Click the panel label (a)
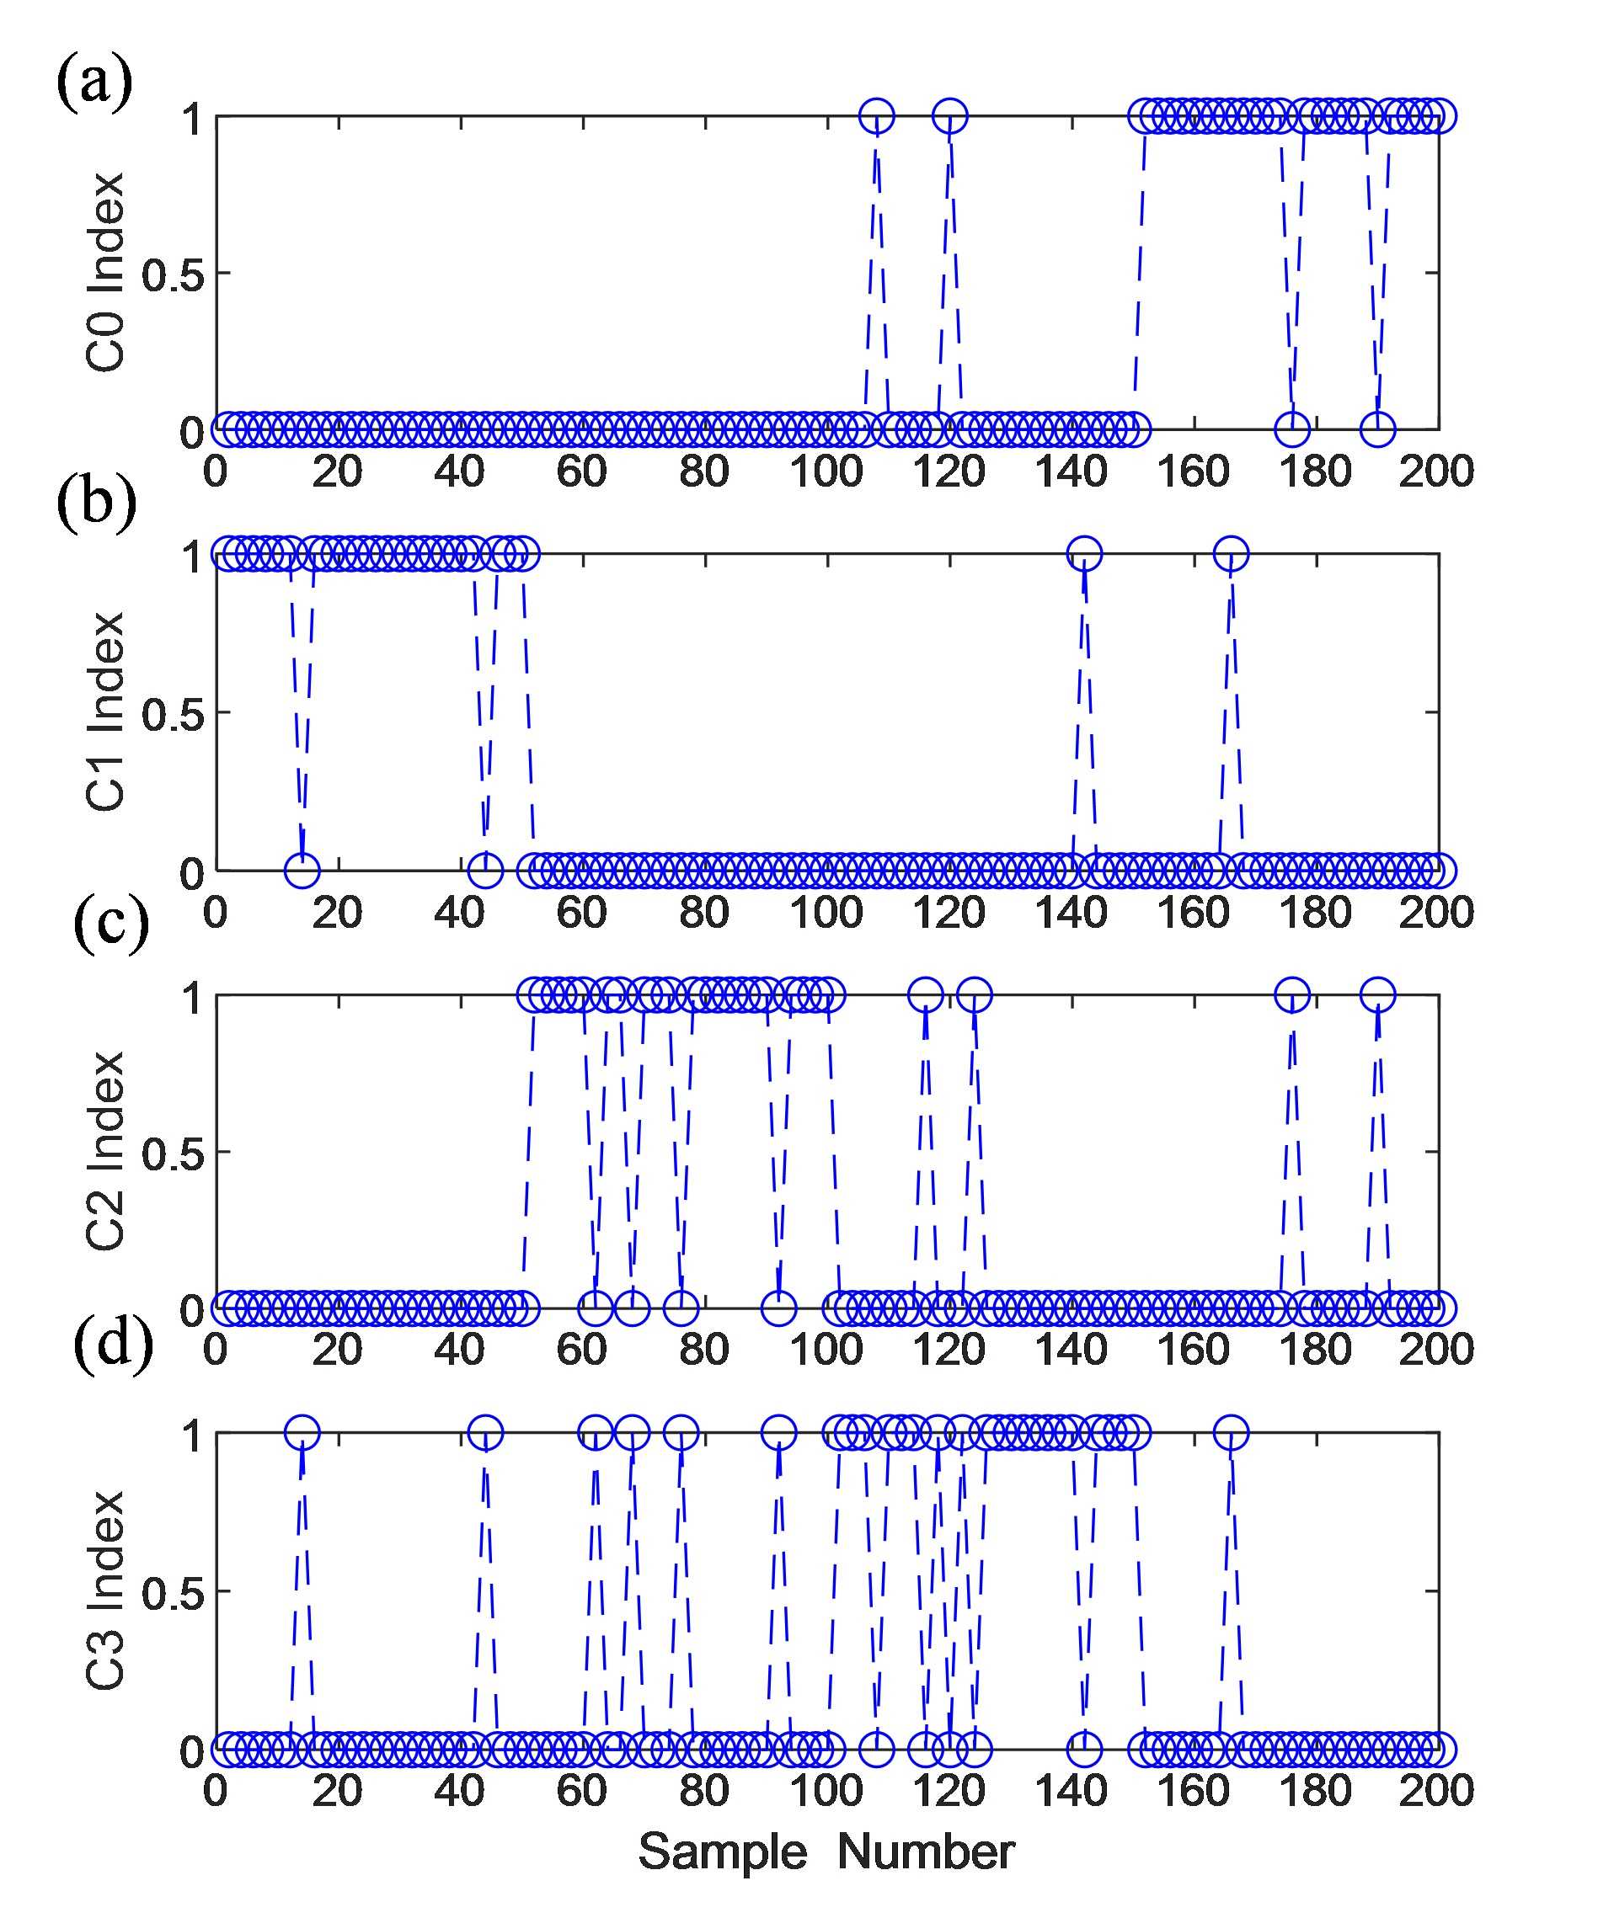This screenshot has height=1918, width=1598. click(x=94, y=83)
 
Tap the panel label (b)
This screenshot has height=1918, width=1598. click(x=96, y=504)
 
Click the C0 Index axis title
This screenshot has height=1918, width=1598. click(x=106, y=272)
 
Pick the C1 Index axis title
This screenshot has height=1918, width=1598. click(x=106, y=711)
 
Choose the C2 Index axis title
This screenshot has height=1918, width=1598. click(x=106, y=1151)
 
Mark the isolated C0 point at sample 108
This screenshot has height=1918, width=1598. click(x=877, y=116)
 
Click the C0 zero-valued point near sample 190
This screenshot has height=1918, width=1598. click(x=1378, y=428)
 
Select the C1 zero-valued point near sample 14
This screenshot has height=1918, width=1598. click(x=302, y=870)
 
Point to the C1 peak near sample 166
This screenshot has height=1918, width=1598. click(x=1232, y=552)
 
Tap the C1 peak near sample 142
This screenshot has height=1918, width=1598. click(x=1084, y=552)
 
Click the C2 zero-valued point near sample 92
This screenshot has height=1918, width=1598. click(x=778, y=1308)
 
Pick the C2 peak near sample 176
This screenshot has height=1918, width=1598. click(x=1292, y=994)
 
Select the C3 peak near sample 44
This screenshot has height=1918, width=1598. click(x=485, y=1433)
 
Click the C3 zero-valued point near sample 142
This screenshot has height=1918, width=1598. click(x=1084, y=1749)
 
